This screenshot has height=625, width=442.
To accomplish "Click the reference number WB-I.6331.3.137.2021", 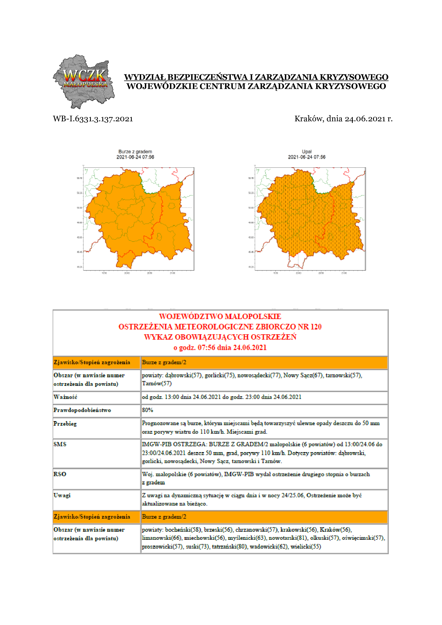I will (93, 119).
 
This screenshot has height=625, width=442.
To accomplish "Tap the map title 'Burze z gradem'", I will (135, 152).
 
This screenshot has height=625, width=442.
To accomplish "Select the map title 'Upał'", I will (307, 152).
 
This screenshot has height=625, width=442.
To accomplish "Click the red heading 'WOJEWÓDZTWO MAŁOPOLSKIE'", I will (220, 316).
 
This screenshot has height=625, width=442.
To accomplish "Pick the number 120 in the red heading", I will (316, 327).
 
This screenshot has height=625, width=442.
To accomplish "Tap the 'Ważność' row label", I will (65, 397).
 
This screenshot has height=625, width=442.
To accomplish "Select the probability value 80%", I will (148, 410).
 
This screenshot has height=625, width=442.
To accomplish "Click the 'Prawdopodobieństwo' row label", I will (82, 410).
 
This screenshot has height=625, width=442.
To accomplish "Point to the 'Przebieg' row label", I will (65, 424).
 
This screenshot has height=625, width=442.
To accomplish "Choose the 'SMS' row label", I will (60, 444).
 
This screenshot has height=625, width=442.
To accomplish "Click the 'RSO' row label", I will (60, 474).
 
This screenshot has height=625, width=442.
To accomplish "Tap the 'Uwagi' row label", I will (62, 495).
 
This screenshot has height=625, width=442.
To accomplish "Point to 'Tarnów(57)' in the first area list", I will (157, 383).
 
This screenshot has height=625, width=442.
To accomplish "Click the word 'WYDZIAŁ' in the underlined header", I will (145, 77).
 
